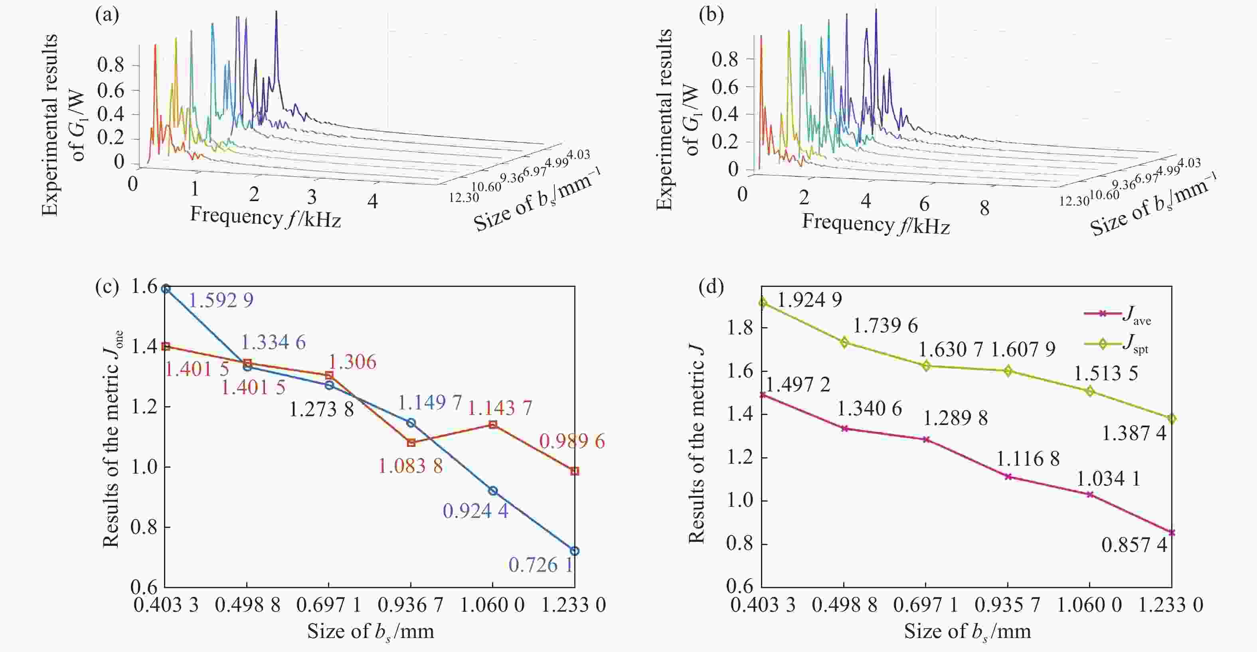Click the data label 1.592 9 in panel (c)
click(221, 300)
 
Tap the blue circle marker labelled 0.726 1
click(575, 551)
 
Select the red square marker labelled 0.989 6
click(575, 471)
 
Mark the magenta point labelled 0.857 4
click(1172, 532)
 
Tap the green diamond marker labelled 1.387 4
click(1172, 419)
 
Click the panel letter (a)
click(107, 16)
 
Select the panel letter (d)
click(711, 287)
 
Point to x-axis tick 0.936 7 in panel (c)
click(410, 605)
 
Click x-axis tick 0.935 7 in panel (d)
click(1008, 605)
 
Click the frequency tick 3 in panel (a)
click(312, 197)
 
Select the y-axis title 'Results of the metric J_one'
click(112, 439)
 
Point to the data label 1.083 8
click(410, 466)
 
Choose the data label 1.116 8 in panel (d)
click(1028, 459)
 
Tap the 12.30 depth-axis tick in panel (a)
click(464, 197)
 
